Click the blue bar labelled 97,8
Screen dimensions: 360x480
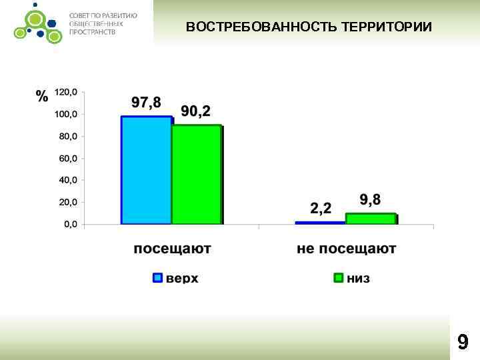(x=146, y=170)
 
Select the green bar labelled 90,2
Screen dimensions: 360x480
(x=196, y=174)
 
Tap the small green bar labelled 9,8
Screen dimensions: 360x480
(x=371, y=219)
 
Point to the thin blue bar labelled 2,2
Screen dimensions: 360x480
(x=320, y=223)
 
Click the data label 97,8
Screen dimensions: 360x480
(x=146, y=103)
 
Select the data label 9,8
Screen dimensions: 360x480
(x=371, y=200)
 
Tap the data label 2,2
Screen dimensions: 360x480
(x=320, y=209)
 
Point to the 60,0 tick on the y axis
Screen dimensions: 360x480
(x=67, y=158)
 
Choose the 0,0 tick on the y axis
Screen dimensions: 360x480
(x=69, y=225)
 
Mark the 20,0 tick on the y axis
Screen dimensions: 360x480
(x=67, y=202)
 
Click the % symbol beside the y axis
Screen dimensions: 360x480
(x=42, y=96)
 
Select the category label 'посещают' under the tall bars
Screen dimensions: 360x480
(x=172, y=249)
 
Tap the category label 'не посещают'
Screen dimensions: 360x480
(x=347, y=249)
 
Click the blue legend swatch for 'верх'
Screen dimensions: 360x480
(x=157, y=277)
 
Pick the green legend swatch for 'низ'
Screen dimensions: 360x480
(x=338, y=277)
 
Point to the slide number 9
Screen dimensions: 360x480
(x=462, y=342)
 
